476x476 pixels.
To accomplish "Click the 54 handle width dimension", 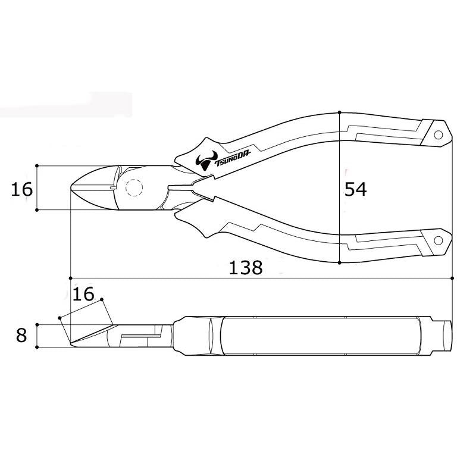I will pos(356,189).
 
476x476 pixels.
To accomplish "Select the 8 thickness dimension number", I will pos(21,335).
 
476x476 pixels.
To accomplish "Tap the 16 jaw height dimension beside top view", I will pos(21,189).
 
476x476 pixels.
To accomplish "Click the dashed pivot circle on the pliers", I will pos(134,188).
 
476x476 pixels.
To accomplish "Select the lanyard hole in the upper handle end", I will pos(439,134).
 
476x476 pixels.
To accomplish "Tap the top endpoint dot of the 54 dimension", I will pos(339,112).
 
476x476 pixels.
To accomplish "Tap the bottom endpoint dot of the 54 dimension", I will pos(339,262).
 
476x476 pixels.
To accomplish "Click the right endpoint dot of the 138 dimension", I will pos(452,277).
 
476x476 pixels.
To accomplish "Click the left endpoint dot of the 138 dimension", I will pos(71,277).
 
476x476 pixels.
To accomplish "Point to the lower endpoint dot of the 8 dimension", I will pos(37,346).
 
